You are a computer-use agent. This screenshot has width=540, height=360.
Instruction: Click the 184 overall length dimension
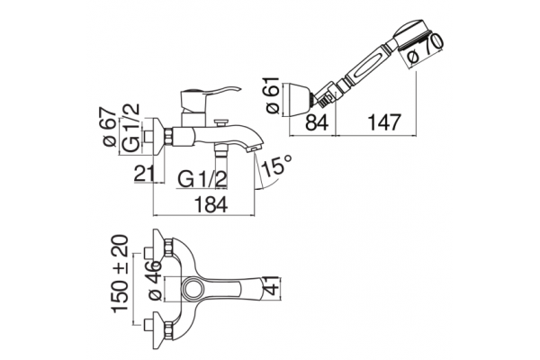coord(211,204)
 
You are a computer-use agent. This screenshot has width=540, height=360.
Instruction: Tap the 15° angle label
coord(276,165)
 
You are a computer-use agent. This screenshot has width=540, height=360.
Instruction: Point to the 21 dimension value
coord(144,174)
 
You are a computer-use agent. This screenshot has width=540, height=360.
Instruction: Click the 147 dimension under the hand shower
coord(384,122)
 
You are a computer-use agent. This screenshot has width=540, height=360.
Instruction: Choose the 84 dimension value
coord(317,122)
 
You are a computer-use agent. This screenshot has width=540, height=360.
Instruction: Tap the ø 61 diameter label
coord(273,94)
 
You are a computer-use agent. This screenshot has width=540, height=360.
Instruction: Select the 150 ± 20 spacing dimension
coord(121,274)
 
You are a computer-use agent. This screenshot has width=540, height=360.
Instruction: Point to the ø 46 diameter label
coord(154,280)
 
